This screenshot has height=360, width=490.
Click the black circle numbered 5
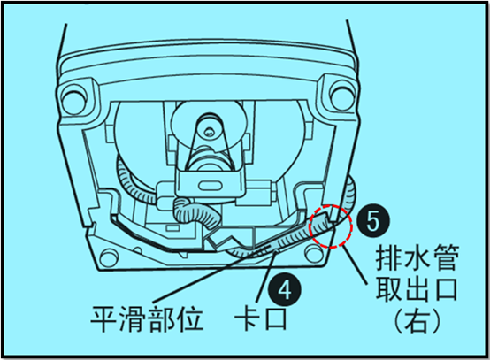[x=373, y=221]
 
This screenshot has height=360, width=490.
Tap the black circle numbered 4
[x=285, y=290]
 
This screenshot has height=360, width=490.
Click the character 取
[x=389, y=289]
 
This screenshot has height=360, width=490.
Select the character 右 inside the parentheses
[x=417, y=321]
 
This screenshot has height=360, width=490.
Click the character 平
[x=104, y=318]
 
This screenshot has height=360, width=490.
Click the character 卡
[x=247, y=318]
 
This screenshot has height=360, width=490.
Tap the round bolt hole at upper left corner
[x=73, y=99]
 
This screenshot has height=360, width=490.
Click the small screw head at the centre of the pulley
[x=210, y=132]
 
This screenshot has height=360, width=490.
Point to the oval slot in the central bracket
[x=210, y=186]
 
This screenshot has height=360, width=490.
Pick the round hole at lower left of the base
[x=109, y=257]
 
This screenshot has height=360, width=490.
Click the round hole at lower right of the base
[x=313, y=253]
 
